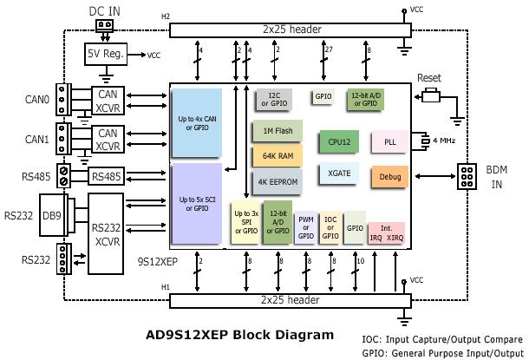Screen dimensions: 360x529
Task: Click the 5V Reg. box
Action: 105,54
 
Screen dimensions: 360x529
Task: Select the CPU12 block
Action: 338,140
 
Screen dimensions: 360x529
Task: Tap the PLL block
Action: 390,141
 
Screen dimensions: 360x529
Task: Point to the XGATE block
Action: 338,173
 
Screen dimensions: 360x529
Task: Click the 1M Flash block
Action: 277,131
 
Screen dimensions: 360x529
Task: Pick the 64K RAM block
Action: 277,156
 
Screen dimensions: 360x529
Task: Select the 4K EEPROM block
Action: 277,182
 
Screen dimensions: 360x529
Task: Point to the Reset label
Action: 429,78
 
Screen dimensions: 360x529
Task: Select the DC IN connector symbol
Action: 105,25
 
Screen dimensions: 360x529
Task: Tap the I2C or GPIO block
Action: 275,100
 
